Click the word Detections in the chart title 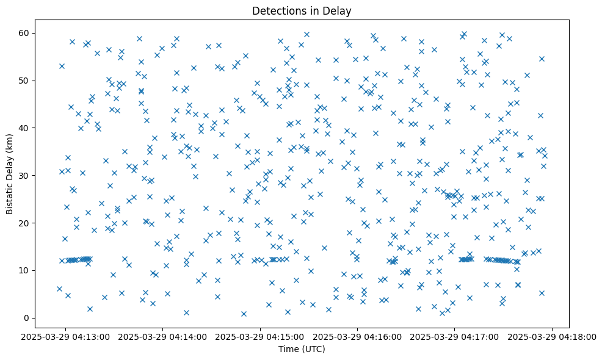[274, 10]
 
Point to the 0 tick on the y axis [26, 318]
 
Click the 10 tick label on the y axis [24, 270]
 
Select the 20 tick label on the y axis [24, 223]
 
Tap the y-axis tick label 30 [24, 175]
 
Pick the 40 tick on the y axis [24, 128]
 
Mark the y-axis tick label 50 [24, 81]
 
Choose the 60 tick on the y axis [24, 33]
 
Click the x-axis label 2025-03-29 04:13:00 [67, 336]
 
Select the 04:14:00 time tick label [164, 336]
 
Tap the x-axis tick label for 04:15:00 [261, 336]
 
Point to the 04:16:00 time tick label [358, 336]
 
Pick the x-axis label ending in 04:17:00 [455, 336]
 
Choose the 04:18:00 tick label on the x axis [552, 336]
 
